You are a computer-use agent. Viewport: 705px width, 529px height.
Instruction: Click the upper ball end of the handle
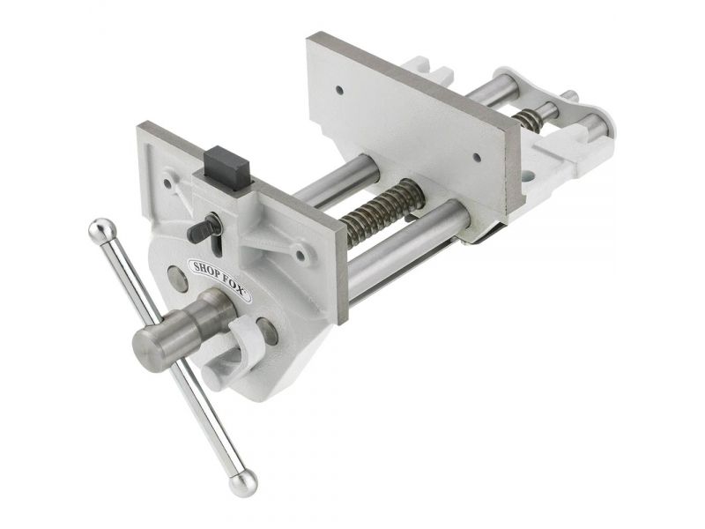[x=102, y=231]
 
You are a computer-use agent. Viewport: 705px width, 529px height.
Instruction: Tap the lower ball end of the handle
[x=243, y=483]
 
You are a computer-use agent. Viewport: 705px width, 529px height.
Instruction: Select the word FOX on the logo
[x=233, y=285]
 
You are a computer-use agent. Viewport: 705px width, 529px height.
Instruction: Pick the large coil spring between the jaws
[x=382, y=211]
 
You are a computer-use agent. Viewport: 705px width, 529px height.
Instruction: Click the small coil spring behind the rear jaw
[x=528, y=121]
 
